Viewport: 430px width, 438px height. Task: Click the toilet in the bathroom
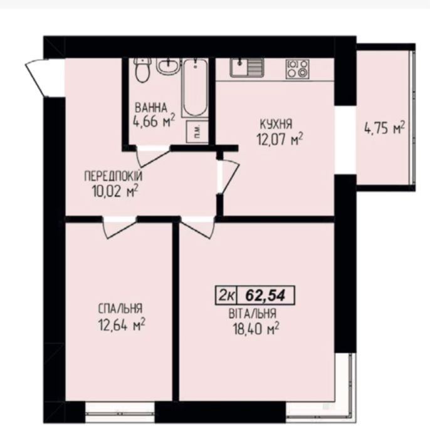142,70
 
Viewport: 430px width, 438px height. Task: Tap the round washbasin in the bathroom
167,66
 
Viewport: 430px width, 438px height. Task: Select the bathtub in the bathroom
196,88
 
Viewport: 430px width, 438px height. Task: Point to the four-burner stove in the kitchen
297,69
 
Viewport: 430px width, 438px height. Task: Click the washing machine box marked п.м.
197,132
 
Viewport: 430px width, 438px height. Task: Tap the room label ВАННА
151,108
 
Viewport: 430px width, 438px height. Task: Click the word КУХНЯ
276,124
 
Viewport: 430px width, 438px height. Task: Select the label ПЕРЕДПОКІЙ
113,177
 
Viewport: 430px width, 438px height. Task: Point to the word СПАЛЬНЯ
120,309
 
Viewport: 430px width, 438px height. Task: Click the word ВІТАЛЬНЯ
253,314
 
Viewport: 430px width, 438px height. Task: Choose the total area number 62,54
265,295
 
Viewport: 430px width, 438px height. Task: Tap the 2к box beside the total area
226,295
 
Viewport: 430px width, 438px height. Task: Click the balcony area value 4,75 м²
384,128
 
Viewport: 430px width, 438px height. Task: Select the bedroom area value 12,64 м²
122,325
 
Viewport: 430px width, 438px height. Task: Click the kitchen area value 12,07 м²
280,139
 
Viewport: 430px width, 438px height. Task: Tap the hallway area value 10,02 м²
115,192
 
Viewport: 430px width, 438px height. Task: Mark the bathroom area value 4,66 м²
154,121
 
